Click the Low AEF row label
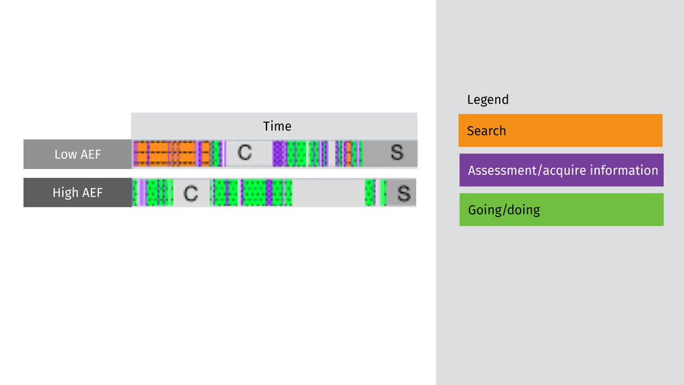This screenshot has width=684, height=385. click(x=77, y=154)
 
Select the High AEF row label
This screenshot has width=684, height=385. click(x=77, y=193)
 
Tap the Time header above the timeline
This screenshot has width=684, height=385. click(x=277, y=126)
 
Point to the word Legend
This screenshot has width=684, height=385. click(x=488, y=100)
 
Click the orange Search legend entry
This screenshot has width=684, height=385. click(x=560, y=130)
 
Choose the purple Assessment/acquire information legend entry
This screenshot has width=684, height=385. click(x=561, y=170)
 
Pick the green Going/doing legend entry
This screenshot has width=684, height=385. click(x=561, y=210)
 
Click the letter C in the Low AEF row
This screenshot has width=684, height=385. click(x=244, y=153)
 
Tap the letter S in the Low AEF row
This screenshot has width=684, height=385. click(x=397, y=153)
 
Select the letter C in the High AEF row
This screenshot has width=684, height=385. click(x=190, y=194)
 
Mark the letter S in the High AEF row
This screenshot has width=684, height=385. click(x=403, y=194)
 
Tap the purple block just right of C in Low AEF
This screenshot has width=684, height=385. click(x=279, y=153)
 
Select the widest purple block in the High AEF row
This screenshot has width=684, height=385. click(x=269, y=193)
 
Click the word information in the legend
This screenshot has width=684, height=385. click(x=624, y=170)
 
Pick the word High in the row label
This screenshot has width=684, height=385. click(x=65, y=193)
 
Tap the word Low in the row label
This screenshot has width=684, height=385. click(x=65, y=154)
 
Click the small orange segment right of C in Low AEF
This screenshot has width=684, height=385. click(x=347, y=153)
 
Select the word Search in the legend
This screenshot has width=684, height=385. click(x=486, y=130)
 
